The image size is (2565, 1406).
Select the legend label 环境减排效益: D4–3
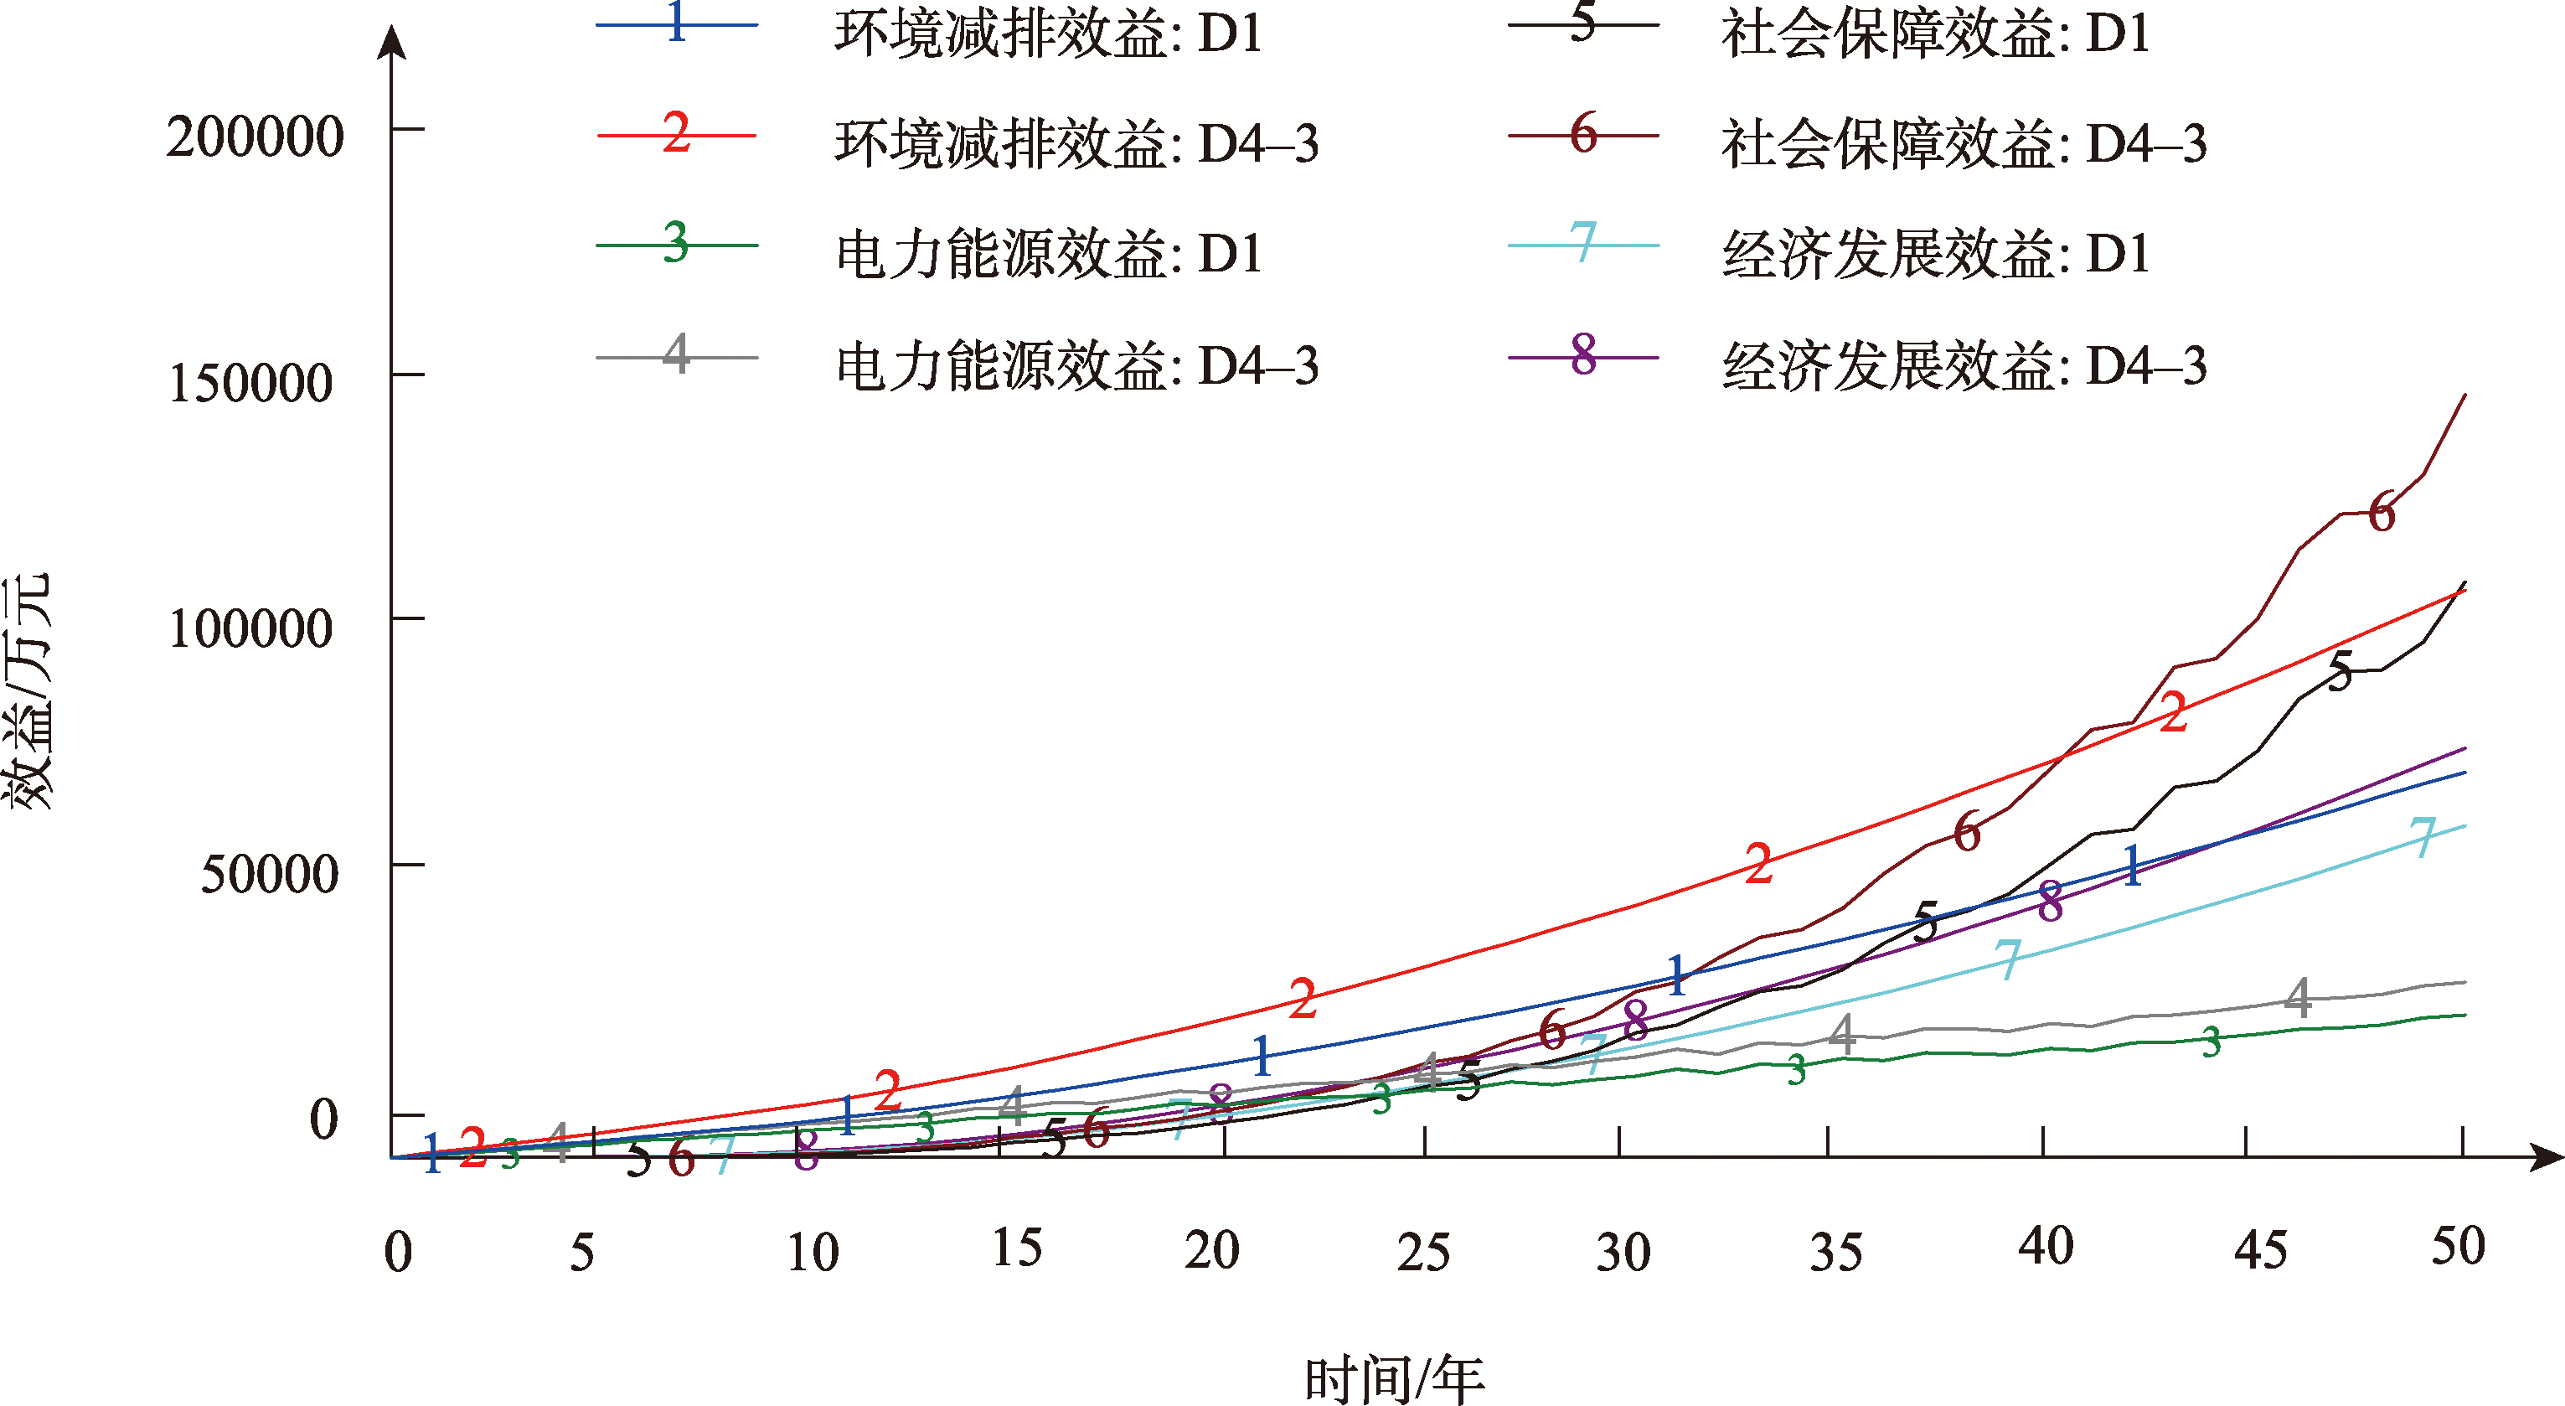[x=1076, y=143]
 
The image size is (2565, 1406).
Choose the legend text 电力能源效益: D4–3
[x=1076, y=365]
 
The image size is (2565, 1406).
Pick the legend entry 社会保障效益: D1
[x=1935, y=34]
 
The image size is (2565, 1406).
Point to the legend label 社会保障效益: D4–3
[x=1963, y=143]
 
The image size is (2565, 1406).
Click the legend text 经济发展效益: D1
[x=1935, y=254]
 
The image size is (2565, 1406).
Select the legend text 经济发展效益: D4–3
[x=1963, y=365]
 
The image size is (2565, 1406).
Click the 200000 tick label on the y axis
[x=255, y=137]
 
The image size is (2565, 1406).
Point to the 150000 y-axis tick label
[x=250, y=382]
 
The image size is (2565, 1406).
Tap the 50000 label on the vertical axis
[x=269, y=874]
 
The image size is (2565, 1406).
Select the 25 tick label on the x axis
[x=1423, y=1252]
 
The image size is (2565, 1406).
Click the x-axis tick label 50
[x=2458, y=1246]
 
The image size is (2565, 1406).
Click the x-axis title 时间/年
[x=1394, y=1380]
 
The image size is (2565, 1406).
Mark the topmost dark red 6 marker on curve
[x=2381, y=513]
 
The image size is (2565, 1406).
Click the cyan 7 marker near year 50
[x=2422, y=837]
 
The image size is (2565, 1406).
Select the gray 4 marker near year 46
[x=2297, y=997]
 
